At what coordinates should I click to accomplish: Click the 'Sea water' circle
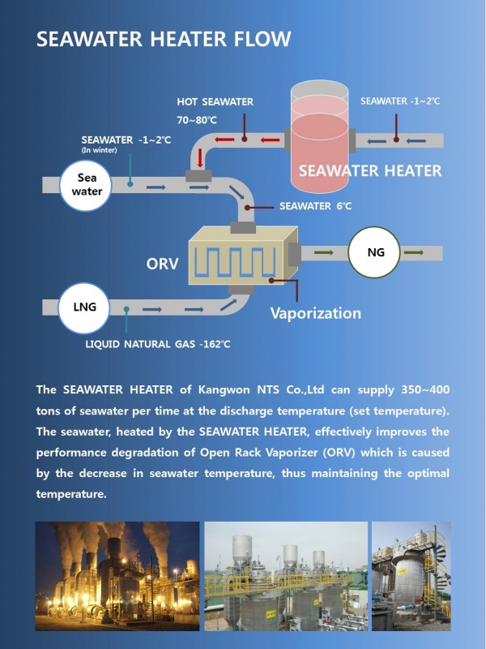pyautogui.click(x=86, y=185)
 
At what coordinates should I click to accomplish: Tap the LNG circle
pyautogui.click(x=84, y=307)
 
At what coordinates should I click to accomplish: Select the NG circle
pyautogui.click(x=374, y=252)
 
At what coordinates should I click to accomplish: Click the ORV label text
pyautogui.click(x=163, y=264)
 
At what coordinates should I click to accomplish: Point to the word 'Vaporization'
pyautogui.click(x=316, y=313)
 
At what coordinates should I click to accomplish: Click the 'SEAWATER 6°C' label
pyautogui.click(x=316, y=206)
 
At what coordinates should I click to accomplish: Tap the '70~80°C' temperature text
pyautogui.click(x=197, y=120)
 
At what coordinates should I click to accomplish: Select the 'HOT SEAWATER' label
pyautogui.click(x=215, y=102)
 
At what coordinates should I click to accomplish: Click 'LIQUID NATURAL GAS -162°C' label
pyautogui.click(x=157, y=344)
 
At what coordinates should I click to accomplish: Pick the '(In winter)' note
pyautogui.click(x=99, y=150)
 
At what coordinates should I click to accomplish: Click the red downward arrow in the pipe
pyautogui.click(x=200, y=157)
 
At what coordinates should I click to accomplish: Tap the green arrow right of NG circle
pyautogui.click(x=414, y=252)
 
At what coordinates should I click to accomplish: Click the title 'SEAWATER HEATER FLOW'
pyautogui.click(x=164, y=39)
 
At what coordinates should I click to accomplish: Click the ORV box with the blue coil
pyautogui.click(x=243, y=256)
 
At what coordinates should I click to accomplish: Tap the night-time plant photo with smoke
pyautogui.click(x=117, y=576)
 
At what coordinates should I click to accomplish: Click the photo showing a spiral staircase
pyautogui.click(x=411, y=576)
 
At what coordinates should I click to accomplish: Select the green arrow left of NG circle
pyautogui.click(x=323, y=252)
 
